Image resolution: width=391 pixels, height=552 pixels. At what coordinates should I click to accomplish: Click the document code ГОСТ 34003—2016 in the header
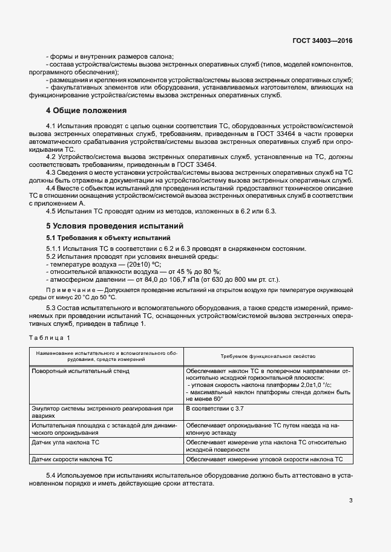(x=321, y=41)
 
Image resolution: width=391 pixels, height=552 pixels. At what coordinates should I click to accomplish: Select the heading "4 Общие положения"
(x=87, y=111)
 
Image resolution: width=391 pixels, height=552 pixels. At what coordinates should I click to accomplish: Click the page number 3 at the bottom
(x=351, y=499)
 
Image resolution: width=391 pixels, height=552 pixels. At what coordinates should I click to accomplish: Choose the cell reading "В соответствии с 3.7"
(x=216, y=409)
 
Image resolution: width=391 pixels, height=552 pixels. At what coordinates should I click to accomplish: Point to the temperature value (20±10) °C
(x=145, y=265)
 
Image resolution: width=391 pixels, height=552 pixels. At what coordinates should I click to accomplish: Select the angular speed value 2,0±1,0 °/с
(x=309, y=385)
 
